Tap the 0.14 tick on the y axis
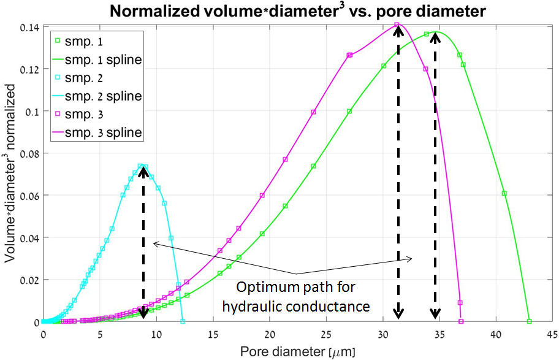click(x=31, y=27)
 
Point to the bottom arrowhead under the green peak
click(x=435, y=314)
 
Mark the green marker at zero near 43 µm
click(x=529, y=321)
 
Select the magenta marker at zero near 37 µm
click(x=461, y=321)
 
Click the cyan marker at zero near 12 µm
click(x=183, y=321)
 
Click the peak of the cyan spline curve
click(x=142, y=166)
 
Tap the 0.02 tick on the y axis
click(x=31, y=280)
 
